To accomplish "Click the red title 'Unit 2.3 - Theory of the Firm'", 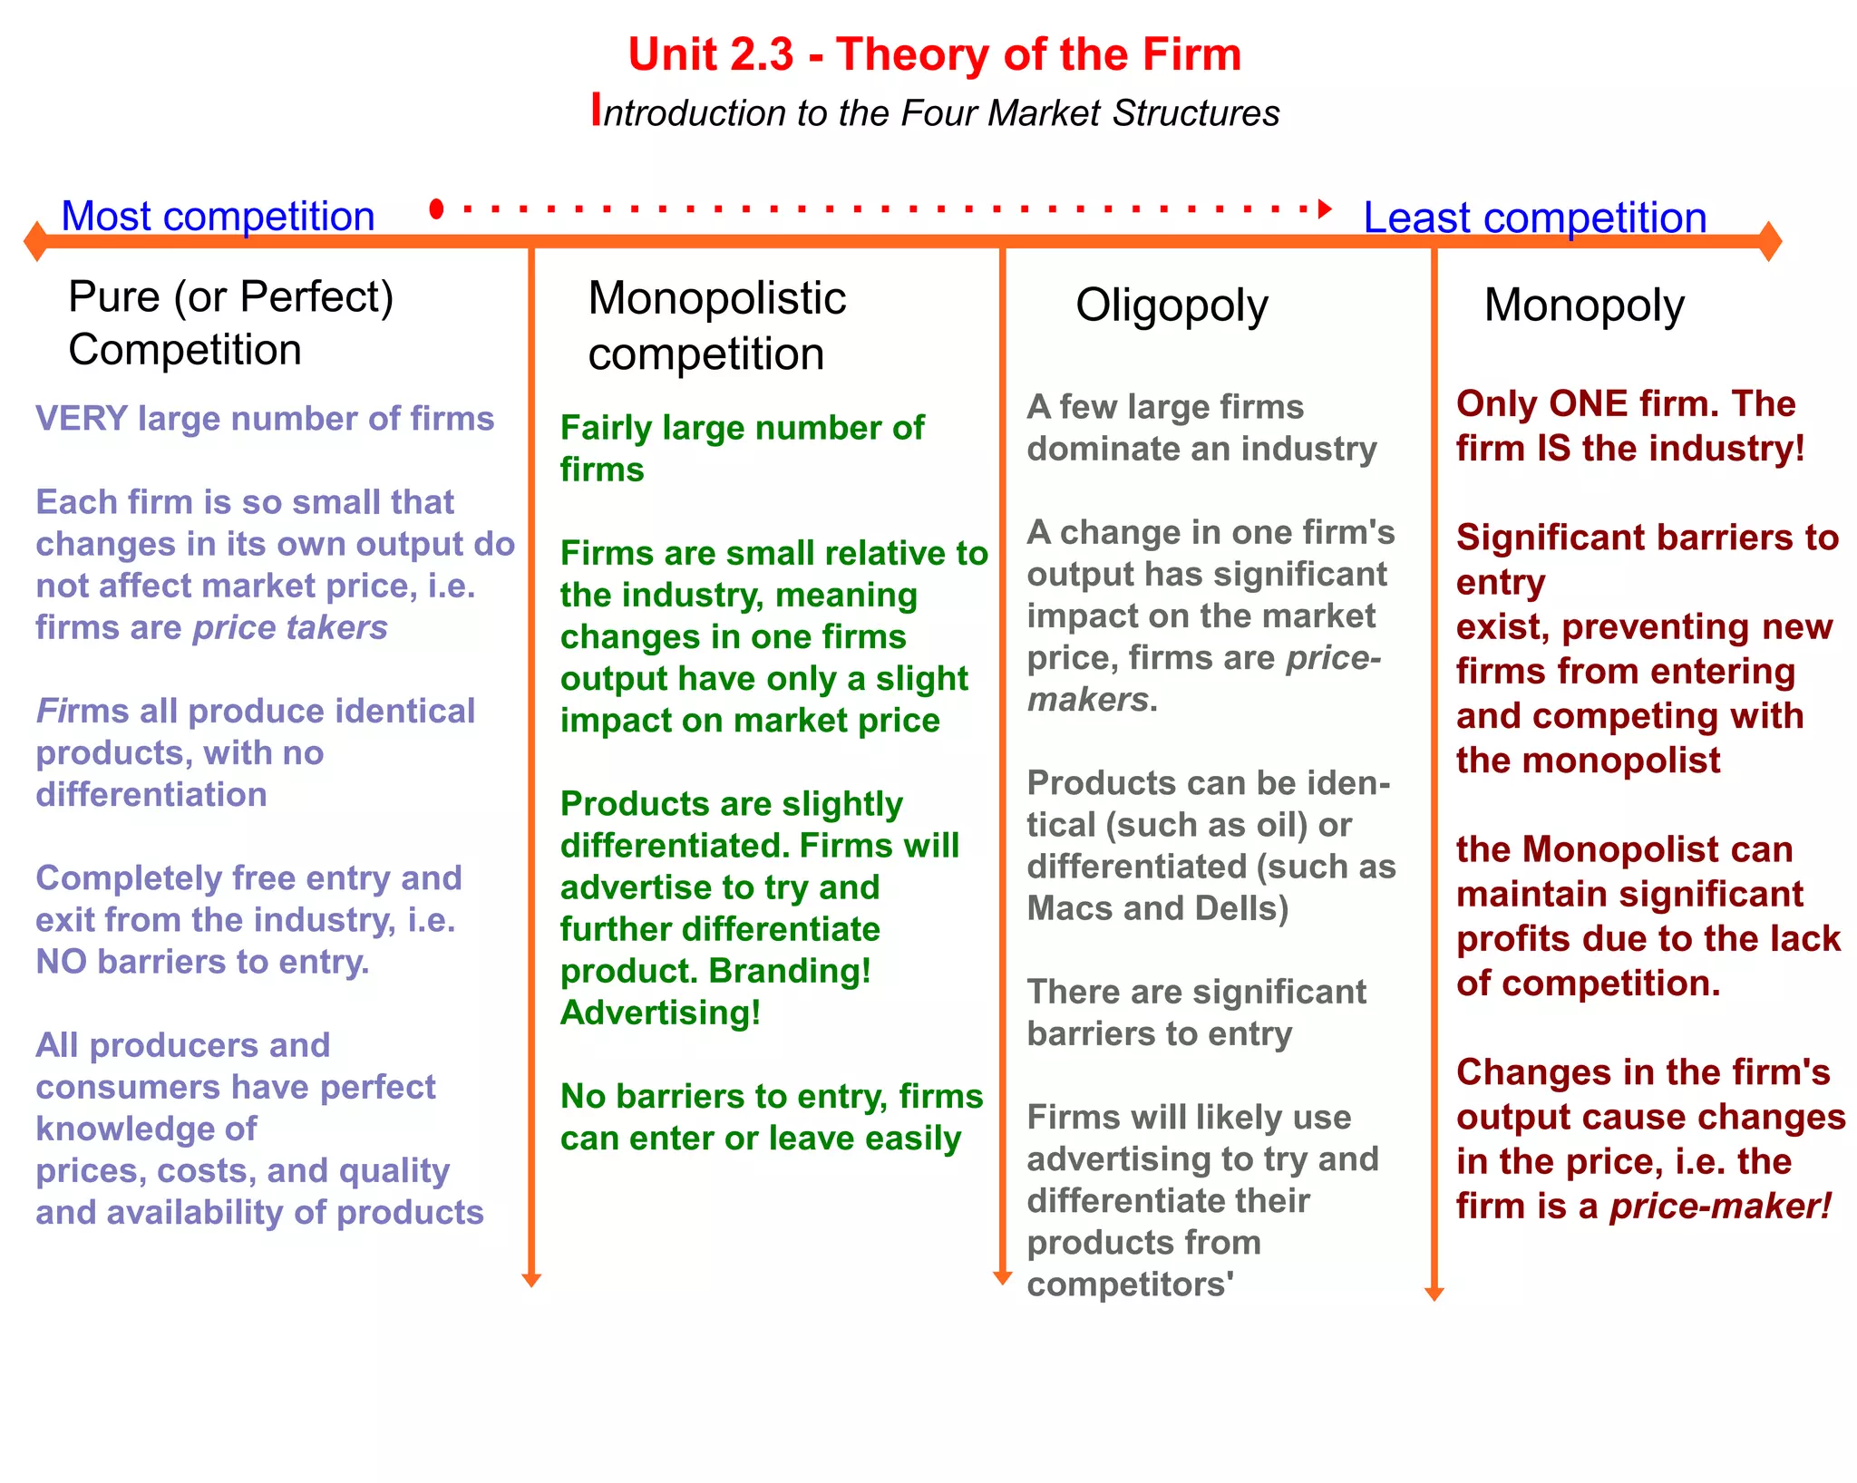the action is pos(934,54).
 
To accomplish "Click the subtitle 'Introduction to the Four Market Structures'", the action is pos(936,112).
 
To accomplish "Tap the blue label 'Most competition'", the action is pos(218,217).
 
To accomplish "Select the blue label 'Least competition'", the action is pos(1534,218).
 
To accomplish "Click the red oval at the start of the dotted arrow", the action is pos(436,209).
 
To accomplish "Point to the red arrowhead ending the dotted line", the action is pos(1325,209).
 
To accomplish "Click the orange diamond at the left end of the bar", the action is pos(35,241).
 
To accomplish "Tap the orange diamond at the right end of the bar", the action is pos(1769,241).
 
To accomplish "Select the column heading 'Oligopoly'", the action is pos(1172,305).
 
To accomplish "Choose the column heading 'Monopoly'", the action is pos(1583,305).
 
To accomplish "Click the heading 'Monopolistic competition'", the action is pos(716,325).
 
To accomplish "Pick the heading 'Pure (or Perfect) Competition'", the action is pos(230,323).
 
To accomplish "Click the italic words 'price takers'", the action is pos(290,627).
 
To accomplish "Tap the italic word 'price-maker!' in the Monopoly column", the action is pos(1720,1207).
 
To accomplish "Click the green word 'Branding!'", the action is pos(790,971).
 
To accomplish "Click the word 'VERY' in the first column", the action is pos(81,419).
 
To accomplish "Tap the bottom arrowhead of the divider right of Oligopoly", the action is pos(1434,1294).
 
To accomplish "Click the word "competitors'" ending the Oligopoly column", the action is pos(1130,1284).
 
